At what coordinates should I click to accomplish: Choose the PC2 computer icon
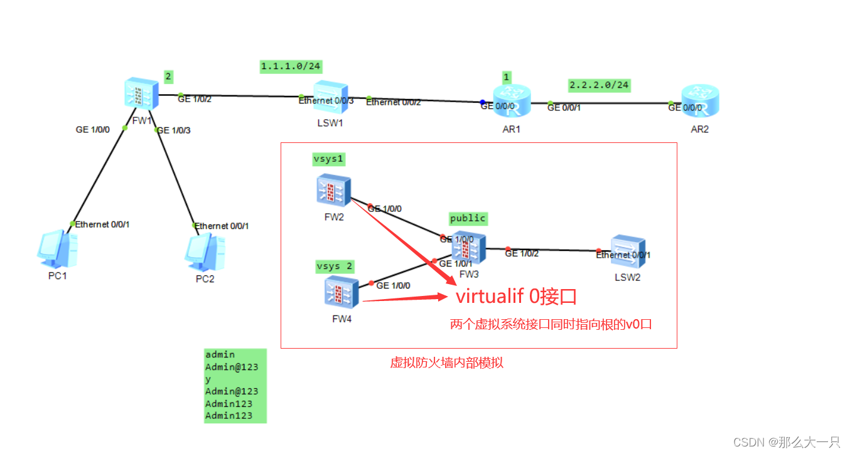coord(204,250)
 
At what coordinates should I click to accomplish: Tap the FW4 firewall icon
coord(341,293)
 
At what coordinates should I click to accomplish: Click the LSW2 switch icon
coord(628,252)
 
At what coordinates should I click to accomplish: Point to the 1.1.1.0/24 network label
coord(291,66)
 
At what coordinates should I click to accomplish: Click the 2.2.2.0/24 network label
coord(599,84)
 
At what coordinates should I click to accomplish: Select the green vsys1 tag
coord(328,159)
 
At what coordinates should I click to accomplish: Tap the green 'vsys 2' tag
coord(334,267)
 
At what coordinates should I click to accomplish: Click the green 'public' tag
coord(468,218)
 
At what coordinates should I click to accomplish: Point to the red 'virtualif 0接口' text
coord(516,297)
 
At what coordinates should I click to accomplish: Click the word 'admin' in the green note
coord(220,355)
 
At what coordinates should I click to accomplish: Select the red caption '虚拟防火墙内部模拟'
coord(446,363)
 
